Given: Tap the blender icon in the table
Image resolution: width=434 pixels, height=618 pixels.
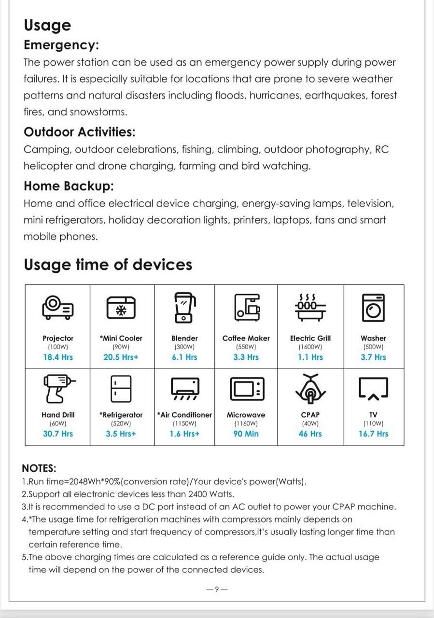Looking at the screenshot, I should (x=184, y=307).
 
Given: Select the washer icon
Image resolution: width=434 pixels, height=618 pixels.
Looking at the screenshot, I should (x=373, y=308).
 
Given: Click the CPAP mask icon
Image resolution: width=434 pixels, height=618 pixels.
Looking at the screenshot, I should (x=310, y=388).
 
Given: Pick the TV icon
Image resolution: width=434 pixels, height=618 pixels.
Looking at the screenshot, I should (x=373, y=389).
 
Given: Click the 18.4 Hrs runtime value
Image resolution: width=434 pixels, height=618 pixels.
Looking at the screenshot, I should (x=58, y=357).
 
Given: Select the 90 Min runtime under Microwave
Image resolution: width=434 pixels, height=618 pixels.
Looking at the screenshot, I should (x=246, y=434).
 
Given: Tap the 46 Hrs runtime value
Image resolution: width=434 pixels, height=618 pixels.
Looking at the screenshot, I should (x=310, y=434).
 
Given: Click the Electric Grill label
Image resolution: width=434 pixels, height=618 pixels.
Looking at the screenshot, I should (x=310, y=338).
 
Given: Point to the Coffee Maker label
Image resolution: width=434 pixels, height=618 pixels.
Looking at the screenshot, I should (x=246, y=338).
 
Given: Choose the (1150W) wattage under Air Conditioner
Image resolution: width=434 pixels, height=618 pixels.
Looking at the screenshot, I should (x=184, y=423).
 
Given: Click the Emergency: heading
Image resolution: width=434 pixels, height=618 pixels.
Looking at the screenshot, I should (x=61, y=45).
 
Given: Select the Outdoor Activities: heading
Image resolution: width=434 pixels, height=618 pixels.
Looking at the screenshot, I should (x=79, y=131).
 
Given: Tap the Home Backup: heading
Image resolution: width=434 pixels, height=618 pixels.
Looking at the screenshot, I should (x=69, y=185).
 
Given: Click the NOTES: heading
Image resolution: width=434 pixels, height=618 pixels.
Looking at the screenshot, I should (x=39, y=468).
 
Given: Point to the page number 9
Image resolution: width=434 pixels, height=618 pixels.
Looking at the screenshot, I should (x=217, y=589).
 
